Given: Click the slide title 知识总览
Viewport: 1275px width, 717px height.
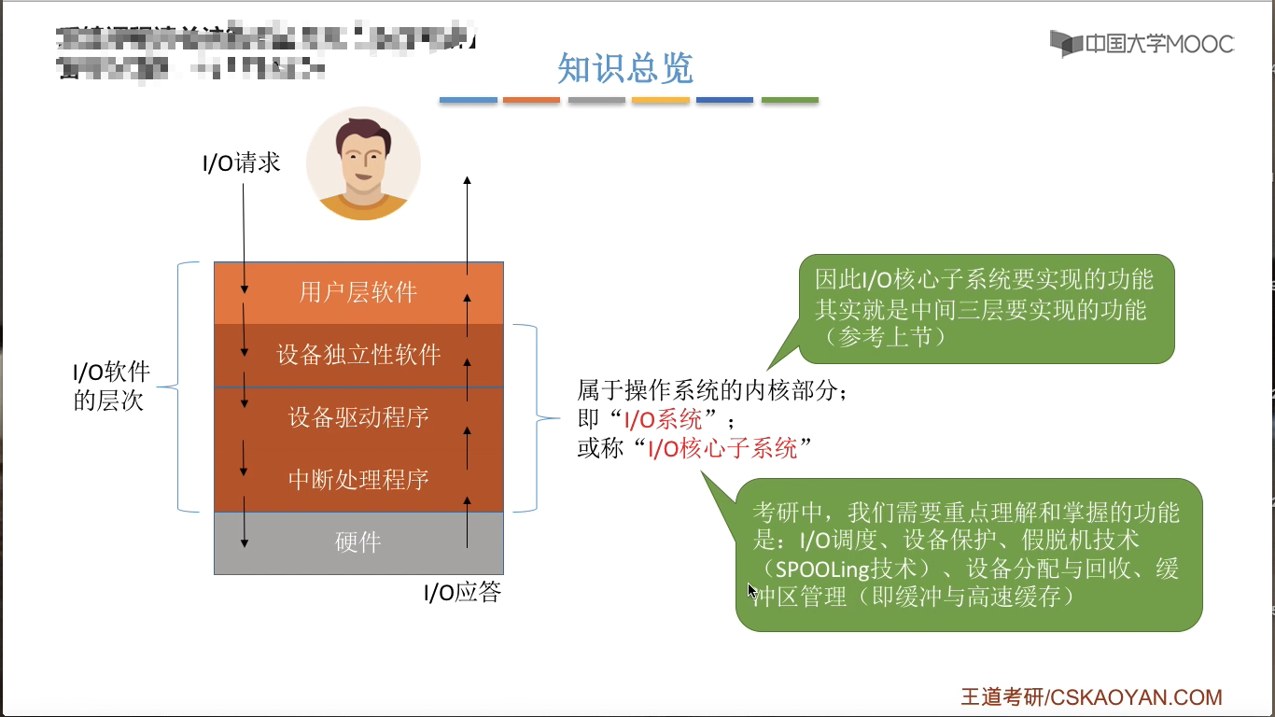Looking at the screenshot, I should (x=624, y=69).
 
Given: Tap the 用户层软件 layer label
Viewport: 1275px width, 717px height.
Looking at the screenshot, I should (x=358, y=292).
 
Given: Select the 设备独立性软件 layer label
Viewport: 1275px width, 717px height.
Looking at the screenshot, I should (x=358, y=355).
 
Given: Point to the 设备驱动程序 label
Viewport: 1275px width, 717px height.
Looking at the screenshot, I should (x=358, y=416).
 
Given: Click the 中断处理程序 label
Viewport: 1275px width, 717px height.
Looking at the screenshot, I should (x=358, y=479).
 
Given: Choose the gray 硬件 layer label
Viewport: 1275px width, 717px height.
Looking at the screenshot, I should (x=358, y=542).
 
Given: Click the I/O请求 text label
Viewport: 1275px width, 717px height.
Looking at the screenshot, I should (x=242, y=163).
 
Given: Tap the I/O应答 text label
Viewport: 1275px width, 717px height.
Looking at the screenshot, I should (x=463, y=593).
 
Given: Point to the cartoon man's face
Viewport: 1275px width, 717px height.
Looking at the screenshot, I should (x=363, y=159).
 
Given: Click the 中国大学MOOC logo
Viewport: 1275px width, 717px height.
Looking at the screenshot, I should (x=1142, y=43).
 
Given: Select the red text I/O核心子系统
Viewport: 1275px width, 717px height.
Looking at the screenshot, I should (x=723, y=449).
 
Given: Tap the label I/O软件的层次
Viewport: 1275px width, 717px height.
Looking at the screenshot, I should (x=111, y=387).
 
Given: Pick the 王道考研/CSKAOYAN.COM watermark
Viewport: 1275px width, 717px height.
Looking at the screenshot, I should (x=1091, y=696).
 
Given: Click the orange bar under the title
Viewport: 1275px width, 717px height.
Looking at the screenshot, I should (x=531, y=100).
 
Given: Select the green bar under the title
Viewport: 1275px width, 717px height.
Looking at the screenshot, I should (x=790, y=100).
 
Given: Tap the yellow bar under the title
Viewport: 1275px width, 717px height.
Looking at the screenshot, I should (x=661, y=100).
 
